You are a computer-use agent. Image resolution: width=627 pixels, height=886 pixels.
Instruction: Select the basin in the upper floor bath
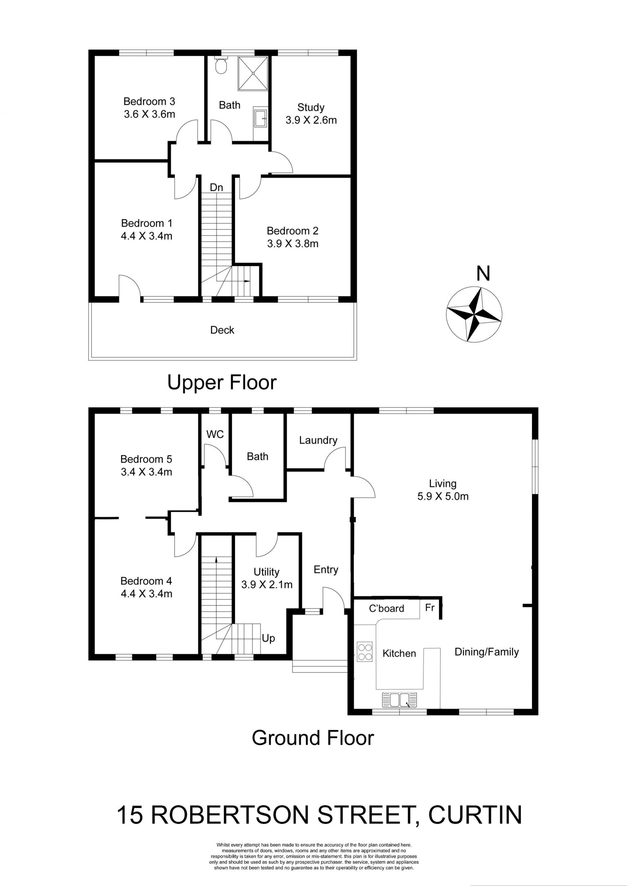(x=261, y=117)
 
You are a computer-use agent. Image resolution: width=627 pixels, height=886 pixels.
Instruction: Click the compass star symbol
(x=474, y=314)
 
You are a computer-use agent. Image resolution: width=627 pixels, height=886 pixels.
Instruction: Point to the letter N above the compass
(x=483, y=274)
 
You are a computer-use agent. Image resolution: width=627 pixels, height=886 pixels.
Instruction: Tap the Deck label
(x=222, y=330)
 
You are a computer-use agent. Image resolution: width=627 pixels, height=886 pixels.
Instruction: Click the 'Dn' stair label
(x=216, y=188)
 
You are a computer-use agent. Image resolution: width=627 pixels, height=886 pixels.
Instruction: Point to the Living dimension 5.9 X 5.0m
(x=443, y=496)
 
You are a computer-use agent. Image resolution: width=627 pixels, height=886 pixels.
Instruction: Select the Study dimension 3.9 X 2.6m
(x=311, y=120)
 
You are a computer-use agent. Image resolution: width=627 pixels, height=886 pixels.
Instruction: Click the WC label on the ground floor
(x=215, y=434)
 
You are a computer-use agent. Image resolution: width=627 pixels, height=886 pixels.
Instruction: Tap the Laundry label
(x=318, y=440)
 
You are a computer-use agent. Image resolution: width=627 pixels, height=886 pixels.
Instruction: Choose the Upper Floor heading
(x=222, y=382)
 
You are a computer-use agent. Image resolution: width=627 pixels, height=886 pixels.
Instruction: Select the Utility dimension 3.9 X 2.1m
(x=267, y=584)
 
